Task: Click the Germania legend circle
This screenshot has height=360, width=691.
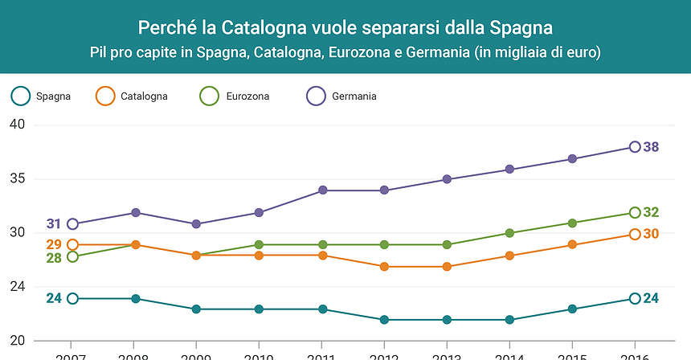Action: coord(317,96)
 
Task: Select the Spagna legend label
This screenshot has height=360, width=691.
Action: coord(53,96)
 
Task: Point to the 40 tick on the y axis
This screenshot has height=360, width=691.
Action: coord(18,125)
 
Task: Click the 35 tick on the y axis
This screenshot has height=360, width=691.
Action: coord(18,179)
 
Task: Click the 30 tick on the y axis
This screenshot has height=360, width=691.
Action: coord(18,233)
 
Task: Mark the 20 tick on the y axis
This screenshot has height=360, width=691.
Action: coord(18,341)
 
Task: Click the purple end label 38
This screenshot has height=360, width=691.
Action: coord(652,147)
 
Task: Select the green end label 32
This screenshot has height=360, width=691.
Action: coord(652,213)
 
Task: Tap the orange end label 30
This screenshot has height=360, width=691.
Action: coord(652,234)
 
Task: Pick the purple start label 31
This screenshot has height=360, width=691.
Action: coord(54,224)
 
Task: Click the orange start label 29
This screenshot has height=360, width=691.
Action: coord(54,244)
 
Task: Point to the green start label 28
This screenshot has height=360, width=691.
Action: coord(54,258)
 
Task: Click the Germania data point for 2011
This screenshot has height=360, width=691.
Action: coord(322,190)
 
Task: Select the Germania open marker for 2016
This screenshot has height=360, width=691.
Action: coord(635,147)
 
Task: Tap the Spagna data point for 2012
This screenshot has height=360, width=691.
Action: coord(385,320)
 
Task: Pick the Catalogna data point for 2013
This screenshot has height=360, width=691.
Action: coord(448,267)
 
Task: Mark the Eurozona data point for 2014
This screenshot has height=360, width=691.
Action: coord(509,233)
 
